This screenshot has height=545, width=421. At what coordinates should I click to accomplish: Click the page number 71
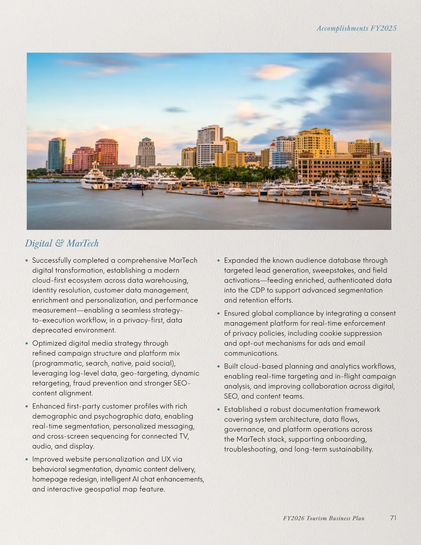[393, 518]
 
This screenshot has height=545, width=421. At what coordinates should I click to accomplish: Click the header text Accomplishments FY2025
[356, 28]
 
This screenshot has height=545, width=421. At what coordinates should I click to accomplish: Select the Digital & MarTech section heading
[62, 243]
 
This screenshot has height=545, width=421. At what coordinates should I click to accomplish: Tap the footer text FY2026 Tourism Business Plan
[323, 518]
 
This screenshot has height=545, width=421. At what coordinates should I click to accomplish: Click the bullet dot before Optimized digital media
[27, 344]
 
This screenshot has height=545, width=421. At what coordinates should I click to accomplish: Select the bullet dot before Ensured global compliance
[219, 313]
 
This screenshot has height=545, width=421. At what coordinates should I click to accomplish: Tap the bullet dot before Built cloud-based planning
[219, 366]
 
